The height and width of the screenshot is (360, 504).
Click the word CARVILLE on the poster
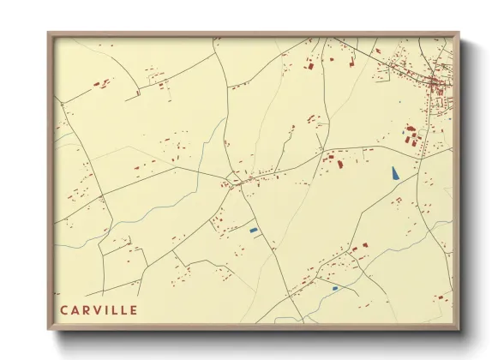coord(99,309)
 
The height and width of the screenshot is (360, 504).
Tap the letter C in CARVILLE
coord(64,309)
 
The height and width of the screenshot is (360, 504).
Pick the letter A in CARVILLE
coord(75,309)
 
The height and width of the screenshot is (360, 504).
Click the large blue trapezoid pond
coord(394,172)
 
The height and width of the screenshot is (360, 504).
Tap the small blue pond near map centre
coord(253,230)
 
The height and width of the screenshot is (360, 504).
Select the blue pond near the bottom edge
coord(335,288)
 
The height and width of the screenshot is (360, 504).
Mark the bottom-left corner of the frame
coord(49,329)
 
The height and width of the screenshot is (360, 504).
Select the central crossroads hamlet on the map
coord(232,181)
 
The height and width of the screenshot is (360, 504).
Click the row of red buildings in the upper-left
coord(102,84)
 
